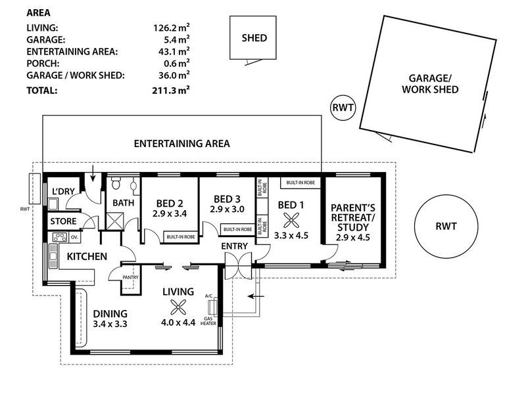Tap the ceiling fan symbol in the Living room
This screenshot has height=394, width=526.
tap(178, 307)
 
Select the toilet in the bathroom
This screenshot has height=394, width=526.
tap(116, 183)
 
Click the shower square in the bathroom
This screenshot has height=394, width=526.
tap(114, 221)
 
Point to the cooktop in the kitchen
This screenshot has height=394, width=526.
tap(60, 238)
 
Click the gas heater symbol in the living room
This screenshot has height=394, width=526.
tap(212, 307)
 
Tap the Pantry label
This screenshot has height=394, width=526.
tap(130, 277)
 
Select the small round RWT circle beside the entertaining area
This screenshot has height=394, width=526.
tap(343, 108)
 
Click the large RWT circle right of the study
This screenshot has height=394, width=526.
tap(446, 227)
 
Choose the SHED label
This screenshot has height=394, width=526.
tap(254, 38)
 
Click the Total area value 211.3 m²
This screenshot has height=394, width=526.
tap(171, 91)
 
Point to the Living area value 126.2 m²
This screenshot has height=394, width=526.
tap(172, 28)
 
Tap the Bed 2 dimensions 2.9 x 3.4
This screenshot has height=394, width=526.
tap(170, 213)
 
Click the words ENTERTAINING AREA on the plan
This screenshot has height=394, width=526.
tap(182, 144)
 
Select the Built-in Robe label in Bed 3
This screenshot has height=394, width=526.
tap(238, 229)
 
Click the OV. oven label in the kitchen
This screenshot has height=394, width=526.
tap(74, 238)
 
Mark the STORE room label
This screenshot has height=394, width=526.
tap(63, 221)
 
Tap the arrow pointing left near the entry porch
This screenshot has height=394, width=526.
tap(256, 296)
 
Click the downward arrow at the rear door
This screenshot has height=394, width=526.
tap(93, 176)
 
